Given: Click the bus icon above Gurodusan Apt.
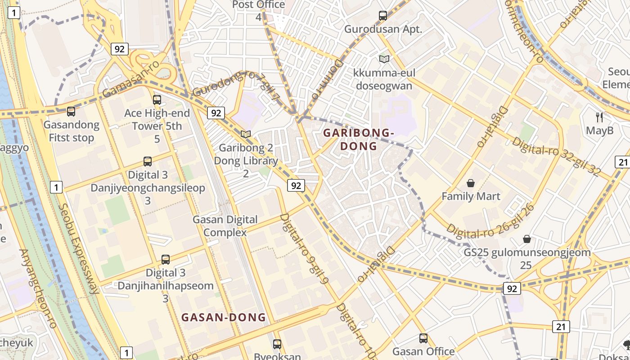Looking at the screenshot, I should click(383, 16).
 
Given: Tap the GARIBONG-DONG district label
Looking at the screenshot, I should click(359, 139).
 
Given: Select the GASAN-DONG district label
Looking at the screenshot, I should click(224, 318).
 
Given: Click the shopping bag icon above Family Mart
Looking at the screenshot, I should click(471, 183).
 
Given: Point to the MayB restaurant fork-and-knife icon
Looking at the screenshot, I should click(599, 117).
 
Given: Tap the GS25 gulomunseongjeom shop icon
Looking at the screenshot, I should click(527, 239).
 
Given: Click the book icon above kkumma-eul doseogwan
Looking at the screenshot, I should click(384, 59).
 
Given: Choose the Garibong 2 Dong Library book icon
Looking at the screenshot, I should click(245, 135).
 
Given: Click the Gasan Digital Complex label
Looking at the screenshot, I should click(225, 226).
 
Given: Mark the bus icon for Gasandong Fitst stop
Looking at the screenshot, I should click(71, 112).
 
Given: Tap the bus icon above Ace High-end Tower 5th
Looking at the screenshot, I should click(157, 100).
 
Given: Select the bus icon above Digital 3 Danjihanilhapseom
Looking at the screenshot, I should click(166, 260).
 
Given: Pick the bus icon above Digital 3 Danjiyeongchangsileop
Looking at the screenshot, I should click(148, 162).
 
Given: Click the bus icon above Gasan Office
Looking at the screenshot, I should click(423, 338).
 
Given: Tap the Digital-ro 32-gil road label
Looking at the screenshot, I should click(556, 156).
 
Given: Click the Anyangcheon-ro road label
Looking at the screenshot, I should click(38, 288).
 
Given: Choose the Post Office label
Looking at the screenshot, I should click(258, 5).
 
